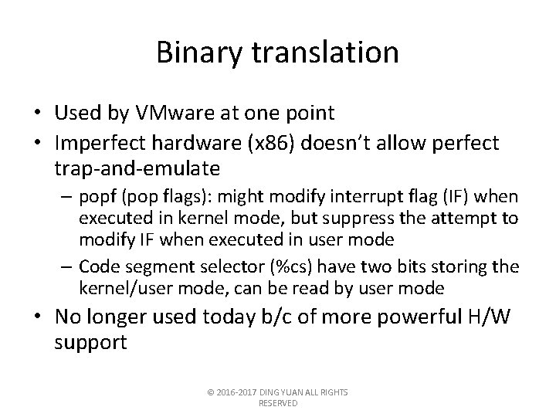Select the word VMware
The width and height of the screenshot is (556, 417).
click(x=165, y=114)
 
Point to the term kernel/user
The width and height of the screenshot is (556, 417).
click(x=127, y=289)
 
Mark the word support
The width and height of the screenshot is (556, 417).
click(x=90, y=341)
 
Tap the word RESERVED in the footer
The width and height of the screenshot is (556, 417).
click(x=278, y=402)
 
